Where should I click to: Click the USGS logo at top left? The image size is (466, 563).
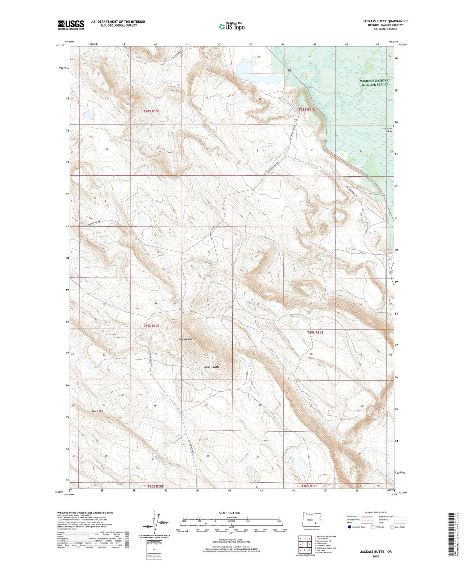pos(71,25)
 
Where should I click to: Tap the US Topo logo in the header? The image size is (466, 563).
pos(231,27)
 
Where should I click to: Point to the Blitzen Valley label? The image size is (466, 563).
pos(388,129)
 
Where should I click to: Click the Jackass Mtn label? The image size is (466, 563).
pos(185,339)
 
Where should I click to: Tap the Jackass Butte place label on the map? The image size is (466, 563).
pos(212,367)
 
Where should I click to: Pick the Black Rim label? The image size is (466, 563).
pos(97,411)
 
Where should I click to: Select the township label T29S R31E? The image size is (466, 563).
pos(315,333)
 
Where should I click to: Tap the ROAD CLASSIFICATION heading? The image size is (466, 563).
pos(376,513)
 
